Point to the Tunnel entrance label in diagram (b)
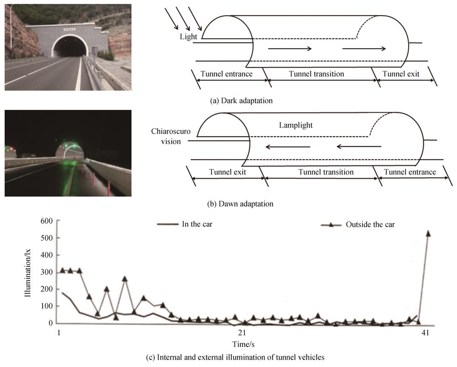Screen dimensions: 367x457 pos(410,172)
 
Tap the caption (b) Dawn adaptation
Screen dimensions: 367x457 pos(242,204)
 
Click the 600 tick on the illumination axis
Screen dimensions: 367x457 pos(48,221)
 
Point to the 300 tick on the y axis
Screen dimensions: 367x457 pos(48,272)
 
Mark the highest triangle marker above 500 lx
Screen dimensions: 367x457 pos(428,233)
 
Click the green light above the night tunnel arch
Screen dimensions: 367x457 pos(67,147)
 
